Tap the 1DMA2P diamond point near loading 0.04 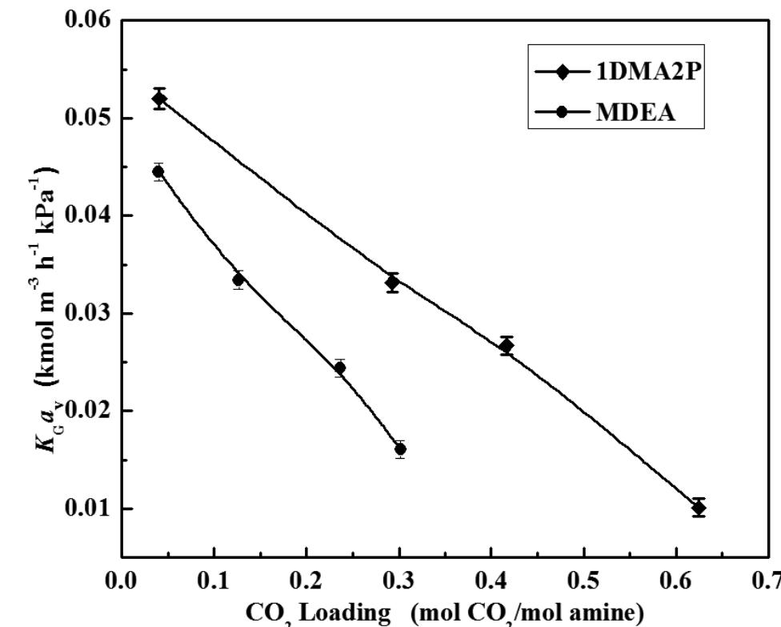click(160, 99)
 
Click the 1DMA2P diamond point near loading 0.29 click(392, 282)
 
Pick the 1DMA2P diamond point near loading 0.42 click(506, 346)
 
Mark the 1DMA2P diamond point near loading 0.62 click(699, 508)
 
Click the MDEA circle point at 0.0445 click(158, 171)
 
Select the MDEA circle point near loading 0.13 click(238, 279)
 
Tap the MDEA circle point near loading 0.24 click(340, 368)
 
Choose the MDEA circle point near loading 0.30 click(400, 449)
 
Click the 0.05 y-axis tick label click(89, 118)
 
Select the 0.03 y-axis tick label click(89, 313)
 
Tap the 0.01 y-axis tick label click(89, 508)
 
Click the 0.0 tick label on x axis click(122, 579)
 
